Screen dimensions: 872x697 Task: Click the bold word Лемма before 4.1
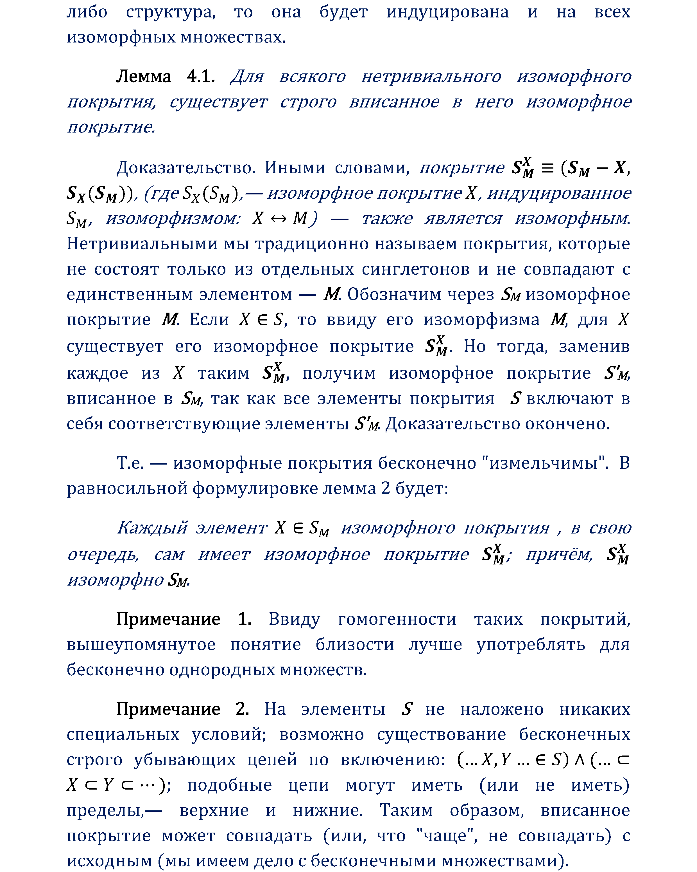(x=143, y=77)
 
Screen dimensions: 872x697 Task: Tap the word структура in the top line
(x=171, y=12)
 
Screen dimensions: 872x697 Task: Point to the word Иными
(x=295, y=167)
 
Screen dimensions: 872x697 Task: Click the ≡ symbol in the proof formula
(x=547, y=167)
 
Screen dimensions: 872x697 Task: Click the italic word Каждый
(x=153, y=528)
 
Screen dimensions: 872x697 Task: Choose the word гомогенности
(x=397, y=619)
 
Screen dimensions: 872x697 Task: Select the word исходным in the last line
(x=109, y=861)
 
